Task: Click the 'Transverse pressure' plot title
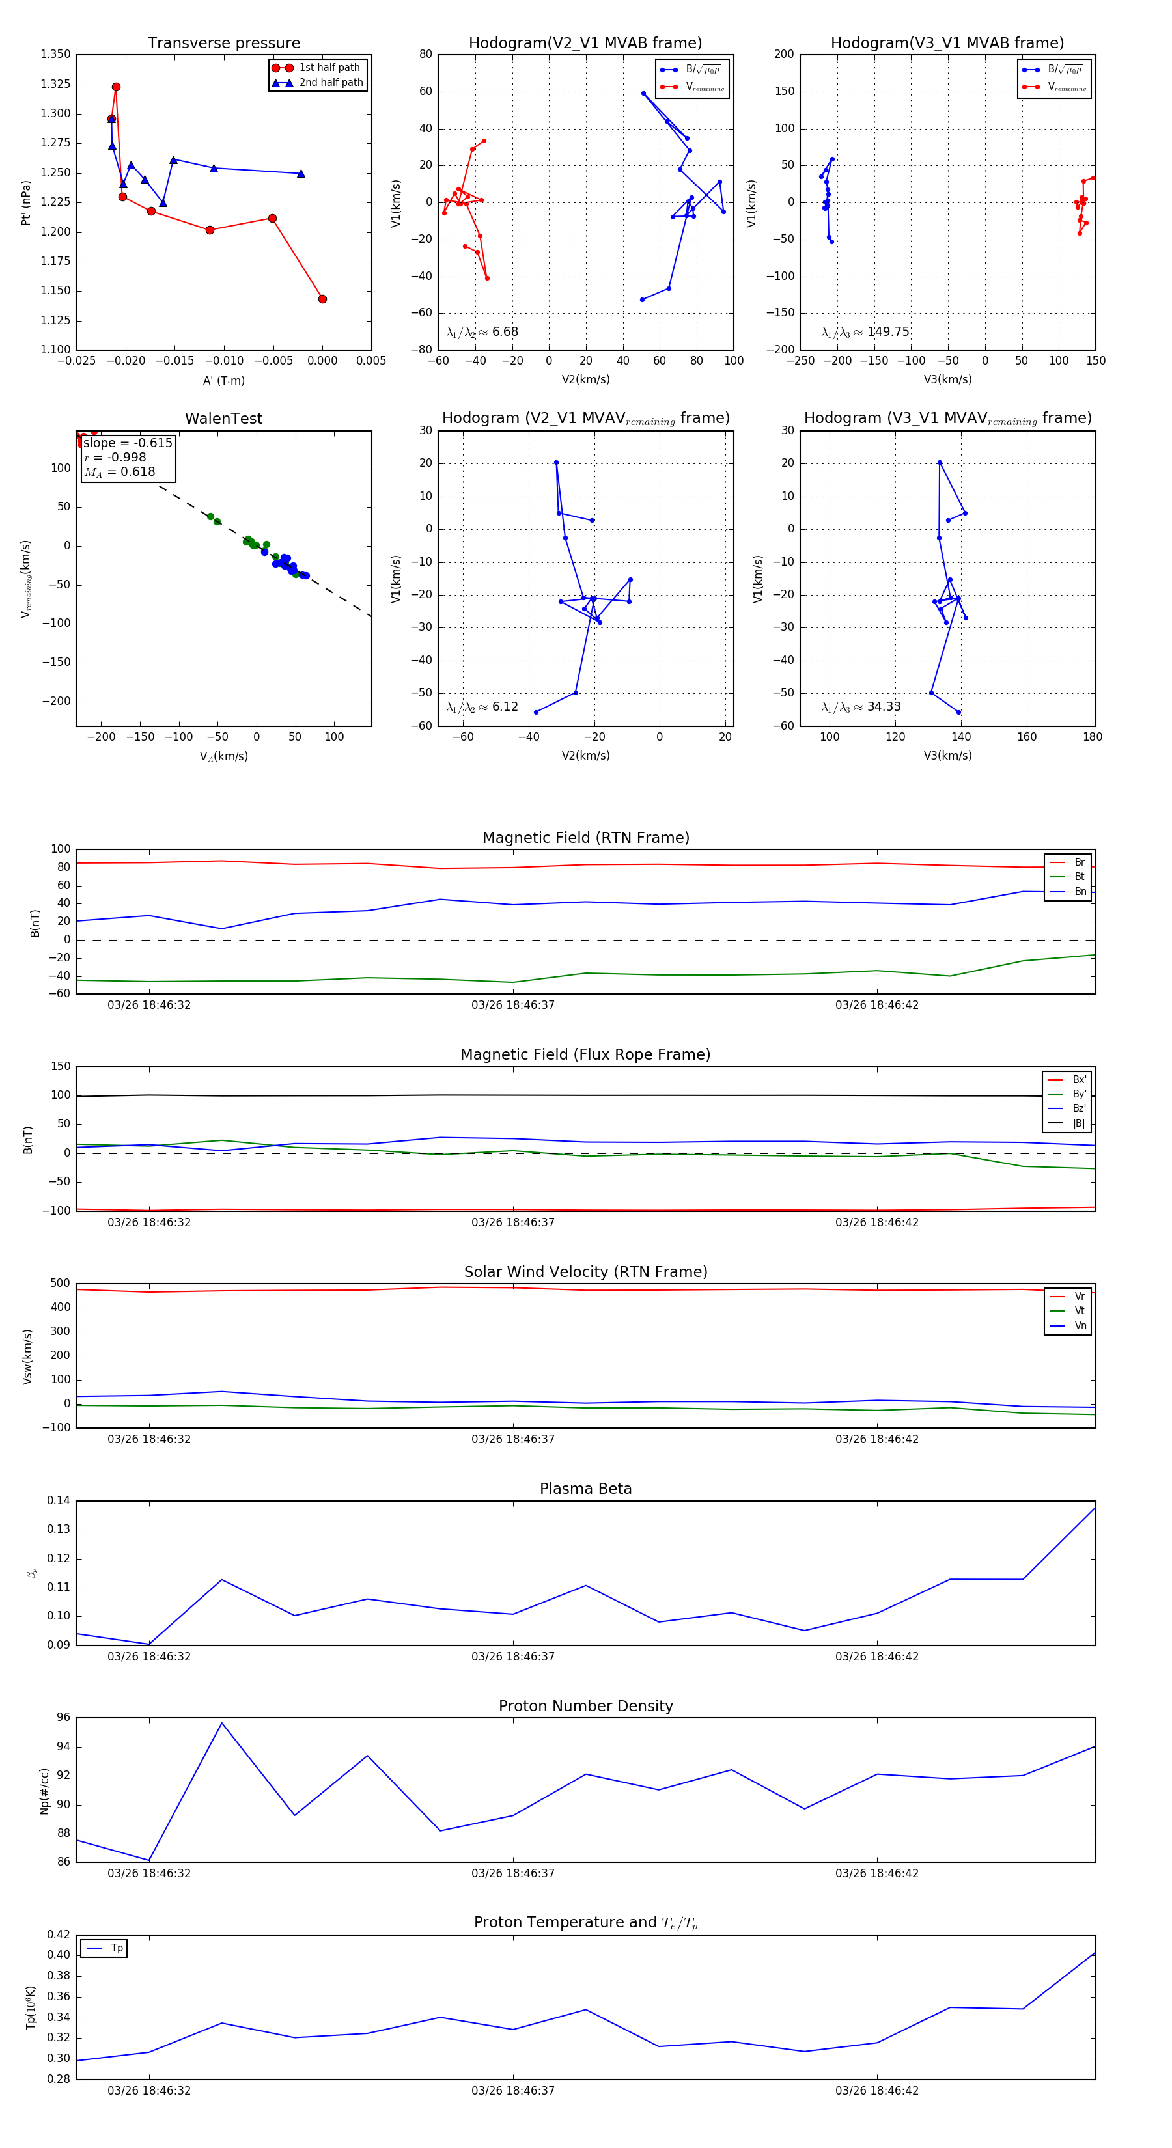(223, 44)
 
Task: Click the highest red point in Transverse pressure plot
(116, 87)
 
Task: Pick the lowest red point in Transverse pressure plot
(323, 299)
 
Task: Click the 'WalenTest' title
(223, 419)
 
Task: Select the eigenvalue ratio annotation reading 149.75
(865, 332)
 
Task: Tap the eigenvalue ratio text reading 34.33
(861, 707)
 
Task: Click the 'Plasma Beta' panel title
(585, 1489)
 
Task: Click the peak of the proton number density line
(222, 1724)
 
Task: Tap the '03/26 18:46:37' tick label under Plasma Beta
(513, 1657)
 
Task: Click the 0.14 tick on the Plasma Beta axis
(59, 1501)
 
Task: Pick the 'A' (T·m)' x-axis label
(223, 381)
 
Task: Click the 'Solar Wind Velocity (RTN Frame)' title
(585, 1273)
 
